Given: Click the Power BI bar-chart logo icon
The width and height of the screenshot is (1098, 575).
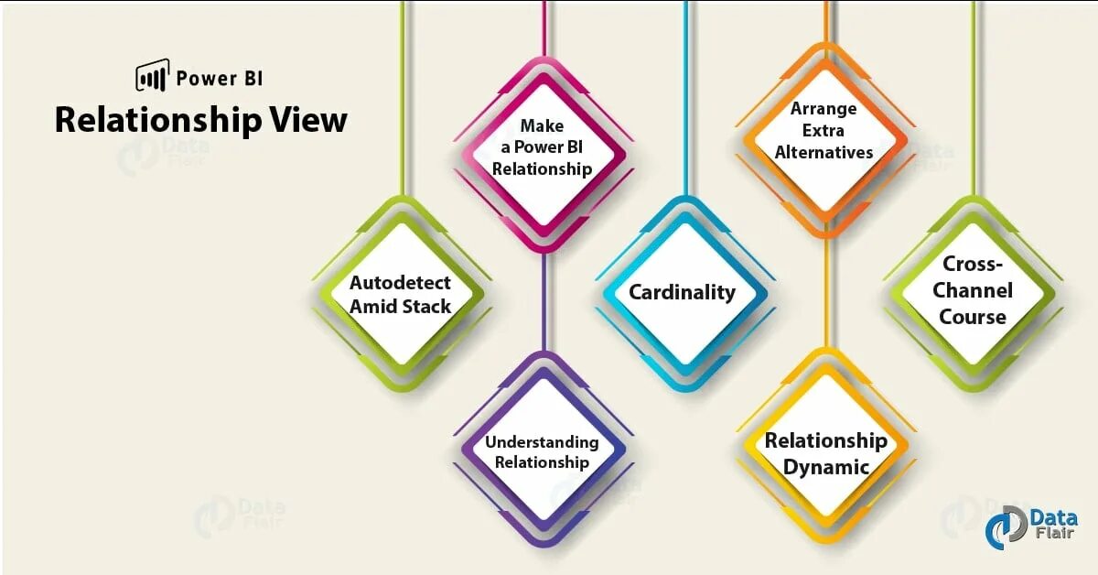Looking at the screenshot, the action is point(152,76).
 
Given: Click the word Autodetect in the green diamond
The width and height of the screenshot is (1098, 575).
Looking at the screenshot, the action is point(400,282).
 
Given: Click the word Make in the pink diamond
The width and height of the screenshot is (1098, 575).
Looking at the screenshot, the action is point(542,125).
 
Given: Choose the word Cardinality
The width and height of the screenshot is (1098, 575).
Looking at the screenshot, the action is point(682,292).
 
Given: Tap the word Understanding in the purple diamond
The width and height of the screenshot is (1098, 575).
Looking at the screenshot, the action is point(542,442).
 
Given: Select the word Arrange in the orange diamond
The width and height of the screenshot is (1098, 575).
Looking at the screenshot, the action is point(824,108).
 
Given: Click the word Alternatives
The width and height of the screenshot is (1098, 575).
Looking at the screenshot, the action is point(824,152).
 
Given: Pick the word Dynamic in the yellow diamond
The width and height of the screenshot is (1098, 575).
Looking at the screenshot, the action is point(826,467).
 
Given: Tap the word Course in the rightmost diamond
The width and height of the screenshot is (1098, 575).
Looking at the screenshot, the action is point(973,317).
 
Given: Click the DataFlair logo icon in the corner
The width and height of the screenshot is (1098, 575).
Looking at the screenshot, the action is point(1005,526).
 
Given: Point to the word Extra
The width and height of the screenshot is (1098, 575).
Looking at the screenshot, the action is point(824,130).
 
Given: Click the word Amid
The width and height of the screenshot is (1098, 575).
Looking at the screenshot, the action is point(370,306).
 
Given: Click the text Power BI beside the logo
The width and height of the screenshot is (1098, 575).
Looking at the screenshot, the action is point(219,78).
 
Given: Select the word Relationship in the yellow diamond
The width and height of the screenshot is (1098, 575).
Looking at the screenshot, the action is point(826,441).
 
